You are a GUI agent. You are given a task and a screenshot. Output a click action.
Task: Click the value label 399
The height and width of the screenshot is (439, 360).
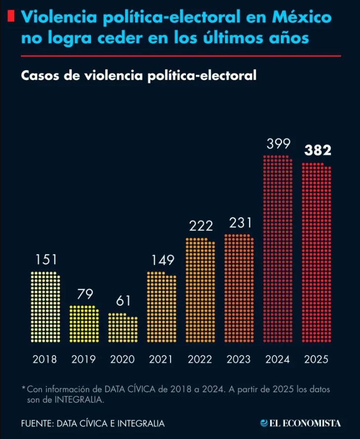pos(278,144)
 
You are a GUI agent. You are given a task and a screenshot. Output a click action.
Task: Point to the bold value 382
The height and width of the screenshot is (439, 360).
pos(317,151)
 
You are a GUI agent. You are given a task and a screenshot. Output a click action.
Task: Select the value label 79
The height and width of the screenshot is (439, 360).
pos(85,294)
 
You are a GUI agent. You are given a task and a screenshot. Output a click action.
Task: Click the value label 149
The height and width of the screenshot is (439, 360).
pos(162,260)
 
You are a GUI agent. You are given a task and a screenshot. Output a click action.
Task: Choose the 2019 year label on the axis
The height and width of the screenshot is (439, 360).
pos(84,359)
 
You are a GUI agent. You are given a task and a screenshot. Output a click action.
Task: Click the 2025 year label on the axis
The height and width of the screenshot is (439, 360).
pos(316,359)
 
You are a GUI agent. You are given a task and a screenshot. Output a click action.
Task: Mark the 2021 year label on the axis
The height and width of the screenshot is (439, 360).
pos(162,359)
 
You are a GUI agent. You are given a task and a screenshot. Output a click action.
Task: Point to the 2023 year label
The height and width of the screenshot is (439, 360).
pos(239,359)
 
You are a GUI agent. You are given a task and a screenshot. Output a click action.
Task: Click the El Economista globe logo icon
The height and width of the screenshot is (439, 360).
pos(265,423)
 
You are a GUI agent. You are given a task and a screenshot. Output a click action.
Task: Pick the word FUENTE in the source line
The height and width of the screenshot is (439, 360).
pos(37,424)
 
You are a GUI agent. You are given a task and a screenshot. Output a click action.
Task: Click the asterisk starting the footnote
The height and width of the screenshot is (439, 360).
pos(23,389)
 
